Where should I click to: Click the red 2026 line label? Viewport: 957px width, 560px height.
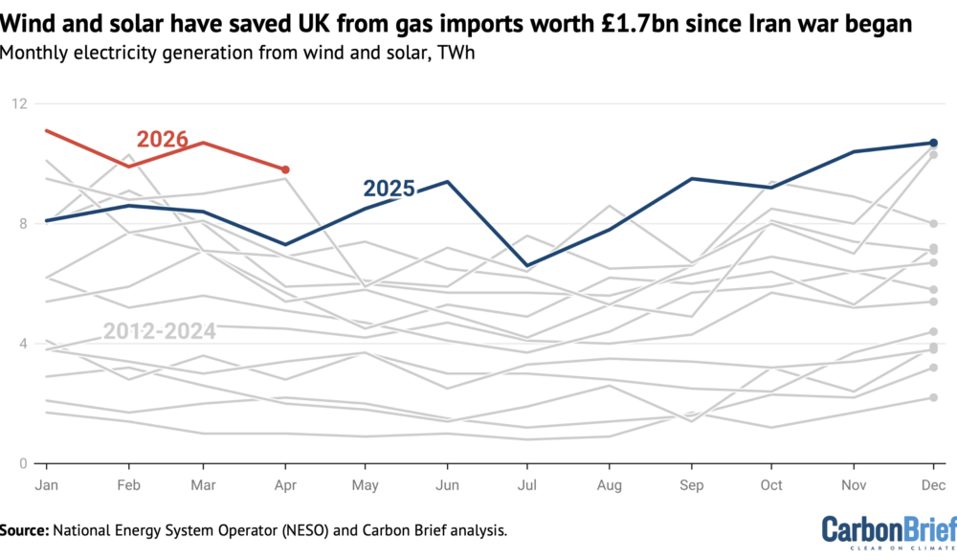(x=162, y=139)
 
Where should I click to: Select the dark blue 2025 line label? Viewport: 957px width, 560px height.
(x=389, y=188)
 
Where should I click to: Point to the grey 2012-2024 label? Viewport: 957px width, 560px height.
(x=159, y=331)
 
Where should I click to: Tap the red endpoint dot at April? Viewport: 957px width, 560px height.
(x=285, y=169)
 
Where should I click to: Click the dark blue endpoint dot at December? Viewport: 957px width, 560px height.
(x=933, y=143)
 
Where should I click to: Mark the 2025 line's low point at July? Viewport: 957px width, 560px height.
(x=527, y=266)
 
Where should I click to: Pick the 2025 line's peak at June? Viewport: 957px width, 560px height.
(x=447, y=181)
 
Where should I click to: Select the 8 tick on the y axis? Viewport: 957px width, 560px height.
(x=24, y=223)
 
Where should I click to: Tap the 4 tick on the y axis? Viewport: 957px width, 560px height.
(x=24, y=344)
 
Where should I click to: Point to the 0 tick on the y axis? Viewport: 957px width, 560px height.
(x=24, y=463)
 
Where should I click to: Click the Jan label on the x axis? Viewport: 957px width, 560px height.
(x=46, y=485)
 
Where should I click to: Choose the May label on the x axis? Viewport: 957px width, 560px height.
(x=365, y=485)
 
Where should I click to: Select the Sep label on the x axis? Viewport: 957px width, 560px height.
(x=692, y=485)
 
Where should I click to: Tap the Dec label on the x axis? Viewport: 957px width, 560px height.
(x=933, y=485)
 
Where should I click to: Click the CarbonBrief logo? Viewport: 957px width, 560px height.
(x=889, y=530)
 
